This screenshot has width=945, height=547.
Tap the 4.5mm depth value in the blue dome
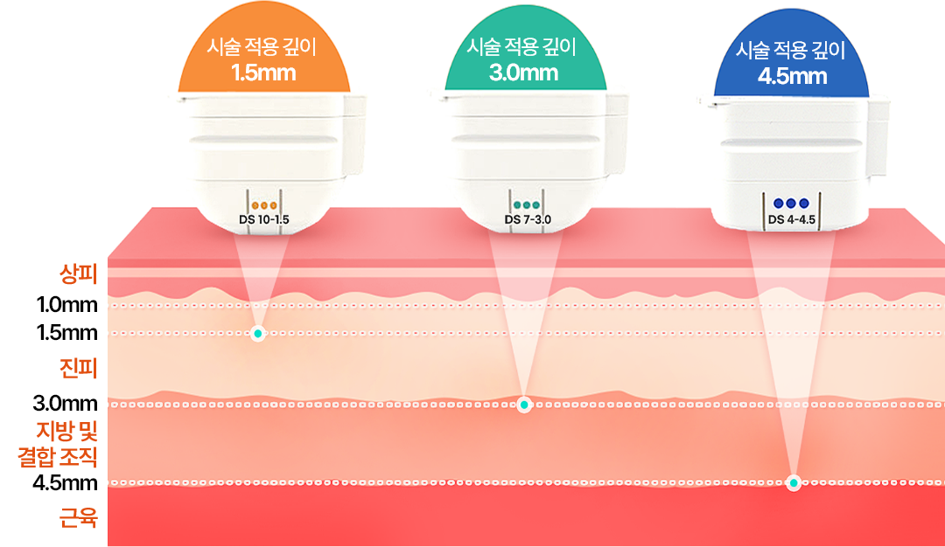792,76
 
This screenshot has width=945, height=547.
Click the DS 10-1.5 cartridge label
263,219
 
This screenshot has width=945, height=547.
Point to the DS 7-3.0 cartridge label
528,219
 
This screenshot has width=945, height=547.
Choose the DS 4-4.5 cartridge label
791,219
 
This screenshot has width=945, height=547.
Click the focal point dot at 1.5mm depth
257,334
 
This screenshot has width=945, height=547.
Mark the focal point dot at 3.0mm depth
524,405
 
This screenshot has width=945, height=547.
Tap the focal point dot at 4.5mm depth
794,482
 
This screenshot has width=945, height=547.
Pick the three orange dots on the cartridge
263,205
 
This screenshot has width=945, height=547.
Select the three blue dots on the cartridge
791,204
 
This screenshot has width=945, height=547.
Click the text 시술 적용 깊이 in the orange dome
263,47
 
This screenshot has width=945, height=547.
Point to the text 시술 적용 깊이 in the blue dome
792,51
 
